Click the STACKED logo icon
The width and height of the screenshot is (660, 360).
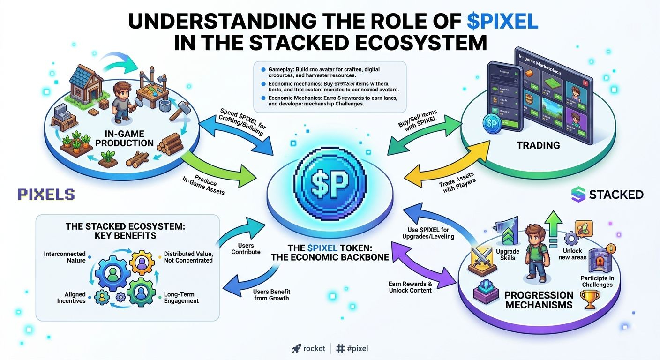tap(578, 195)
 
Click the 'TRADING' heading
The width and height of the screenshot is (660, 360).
tap(538, 145)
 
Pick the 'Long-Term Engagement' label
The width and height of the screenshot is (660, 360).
tap(181, 298)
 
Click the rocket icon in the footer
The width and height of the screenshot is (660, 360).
tap(296, 348)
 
